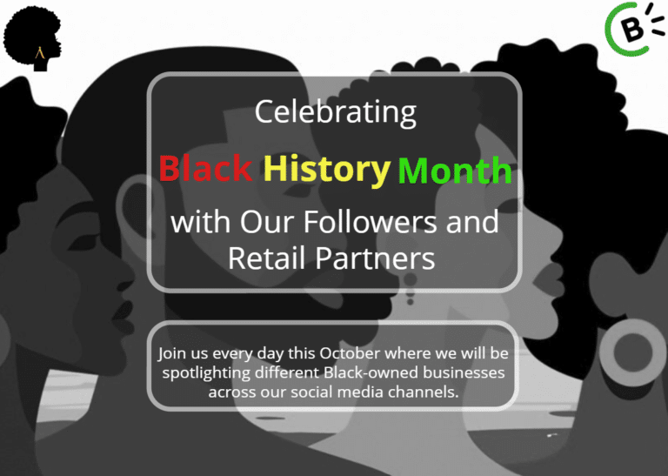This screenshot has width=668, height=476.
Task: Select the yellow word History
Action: click(326, 168)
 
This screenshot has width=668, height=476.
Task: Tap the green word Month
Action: click(454, 171)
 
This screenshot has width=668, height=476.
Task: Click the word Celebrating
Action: click(335, 112)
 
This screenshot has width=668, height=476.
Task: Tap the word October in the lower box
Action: click(350, 354)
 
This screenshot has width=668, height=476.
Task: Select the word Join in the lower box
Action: click(171, 354)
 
